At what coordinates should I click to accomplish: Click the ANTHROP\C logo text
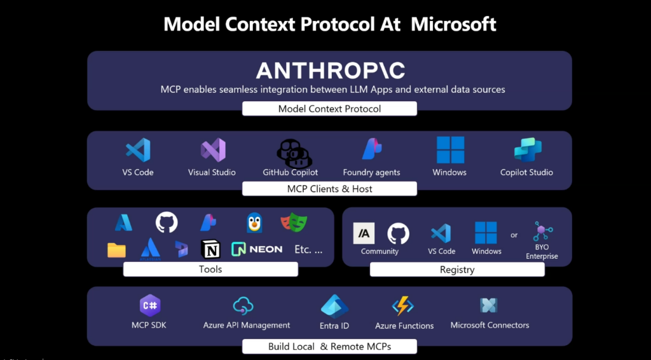coord(330,71)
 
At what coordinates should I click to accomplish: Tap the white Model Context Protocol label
coord(329,109)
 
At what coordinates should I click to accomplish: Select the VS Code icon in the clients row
coord(138,150)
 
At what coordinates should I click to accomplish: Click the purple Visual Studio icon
coord(213,150)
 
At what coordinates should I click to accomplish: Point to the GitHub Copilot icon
coord(294,153)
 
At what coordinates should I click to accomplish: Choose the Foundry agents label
coord(371,172)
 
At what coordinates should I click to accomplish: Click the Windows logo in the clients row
coord(451,150)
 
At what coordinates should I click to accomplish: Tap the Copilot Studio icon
coord(528,149)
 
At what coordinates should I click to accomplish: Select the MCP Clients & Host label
coord(329,189)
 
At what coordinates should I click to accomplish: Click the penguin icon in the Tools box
coord(254,223)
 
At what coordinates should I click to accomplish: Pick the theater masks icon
coord(294,223)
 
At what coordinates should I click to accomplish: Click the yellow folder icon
coord(117,250)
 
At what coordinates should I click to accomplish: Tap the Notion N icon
coord(211,249)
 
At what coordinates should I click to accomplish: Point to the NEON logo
coord(257,249)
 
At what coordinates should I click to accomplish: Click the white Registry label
coord(457,270)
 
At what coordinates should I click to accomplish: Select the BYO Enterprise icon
coord(542,232)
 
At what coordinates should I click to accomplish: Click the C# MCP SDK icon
coord(150,305)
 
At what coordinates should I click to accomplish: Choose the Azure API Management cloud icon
coord(243,307)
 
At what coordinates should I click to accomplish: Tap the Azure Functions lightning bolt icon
coord(402,307)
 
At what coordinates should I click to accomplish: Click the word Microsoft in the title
coord(453,24)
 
